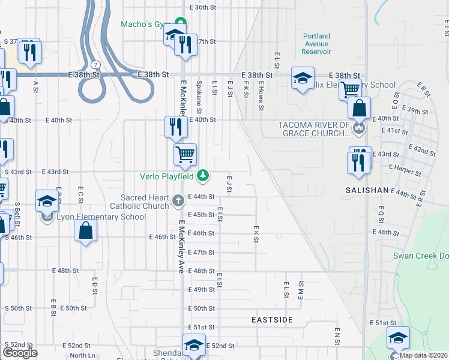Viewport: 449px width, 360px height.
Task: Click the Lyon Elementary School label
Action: point(101,217)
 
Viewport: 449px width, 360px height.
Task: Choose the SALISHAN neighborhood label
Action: point(367,189)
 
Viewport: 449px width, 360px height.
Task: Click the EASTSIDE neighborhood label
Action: point(272,320)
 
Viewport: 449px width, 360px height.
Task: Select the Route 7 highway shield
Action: point(96,64)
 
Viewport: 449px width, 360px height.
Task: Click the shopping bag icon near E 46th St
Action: point(85,230)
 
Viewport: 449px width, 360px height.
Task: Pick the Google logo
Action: point(20,353)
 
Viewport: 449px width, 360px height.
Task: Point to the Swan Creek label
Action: point(420,256)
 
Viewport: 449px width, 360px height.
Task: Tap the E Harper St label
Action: point(405,169)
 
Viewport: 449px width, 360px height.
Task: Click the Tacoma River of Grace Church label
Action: point(313,129)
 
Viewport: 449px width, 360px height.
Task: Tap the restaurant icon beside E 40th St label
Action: point(173,126)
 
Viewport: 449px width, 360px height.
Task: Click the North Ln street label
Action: point(83,355)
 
